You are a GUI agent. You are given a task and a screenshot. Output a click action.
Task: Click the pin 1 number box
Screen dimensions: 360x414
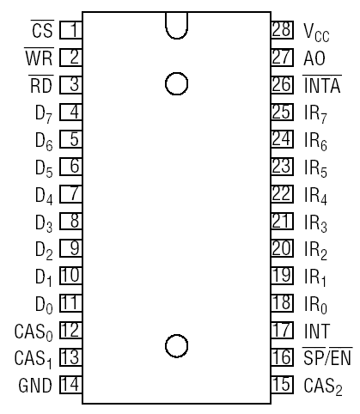(70, 30)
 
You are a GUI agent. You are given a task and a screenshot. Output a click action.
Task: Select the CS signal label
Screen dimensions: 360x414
(42, 29)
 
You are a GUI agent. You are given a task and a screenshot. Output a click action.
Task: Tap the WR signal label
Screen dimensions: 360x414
(39, 57)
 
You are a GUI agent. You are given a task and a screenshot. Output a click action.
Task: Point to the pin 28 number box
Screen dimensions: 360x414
(283, 30)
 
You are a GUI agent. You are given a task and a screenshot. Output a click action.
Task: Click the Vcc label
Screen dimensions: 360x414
(316, 32)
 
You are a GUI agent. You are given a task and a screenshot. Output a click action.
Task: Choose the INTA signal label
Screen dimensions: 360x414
(322, 84)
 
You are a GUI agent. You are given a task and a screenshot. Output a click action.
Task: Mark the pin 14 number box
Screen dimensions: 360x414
(70, 385)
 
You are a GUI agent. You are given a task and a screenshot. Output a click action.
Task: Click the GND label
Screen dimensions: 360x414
(35, 386)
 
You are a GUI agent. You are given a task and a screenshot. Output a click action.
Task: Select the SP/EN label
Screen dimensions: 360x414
(327, 356)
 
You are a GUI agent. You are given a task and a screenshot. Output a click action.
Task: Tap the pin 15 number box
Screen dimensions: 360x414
(283, 385)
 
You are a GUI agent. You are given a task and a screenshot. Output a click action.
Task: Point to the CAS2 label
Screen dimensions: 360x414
(323, 387)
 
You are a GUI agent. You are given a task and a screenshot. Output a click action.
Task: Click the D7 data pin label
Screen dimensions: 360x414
(44, 114)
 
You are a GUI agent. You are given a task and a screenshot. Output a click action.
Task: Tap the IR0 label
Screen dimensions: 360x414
(315, 305)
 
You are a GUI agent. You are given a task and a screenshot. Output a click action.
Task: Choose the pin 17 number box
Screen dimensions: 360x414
(283, 330)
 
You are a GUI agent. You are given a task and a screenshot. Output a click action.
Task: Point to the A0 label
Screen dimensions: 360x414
(314, 58)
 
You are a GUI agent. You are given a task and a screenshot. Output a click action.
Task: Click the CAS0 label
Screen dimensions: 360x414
(34, 332)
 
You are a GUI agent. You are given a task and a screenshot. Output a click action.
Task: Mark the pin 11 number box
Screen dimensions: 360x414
(70, 303)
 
